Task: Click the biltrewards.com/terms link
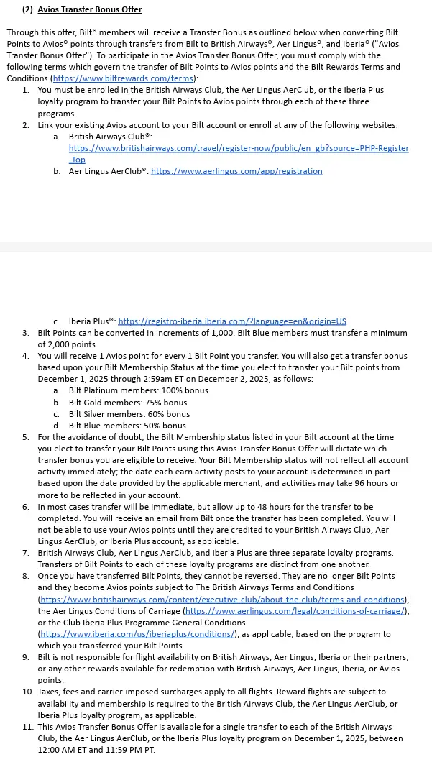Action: [124, 78]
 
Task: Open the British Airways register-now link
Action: [239, 148]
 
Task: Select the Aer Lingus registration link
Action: [236, 171]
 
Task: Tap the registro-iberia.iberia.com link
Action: [231, 321]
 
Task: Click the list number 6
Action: [25, 507]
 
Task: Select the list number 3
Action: [25, 333]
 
